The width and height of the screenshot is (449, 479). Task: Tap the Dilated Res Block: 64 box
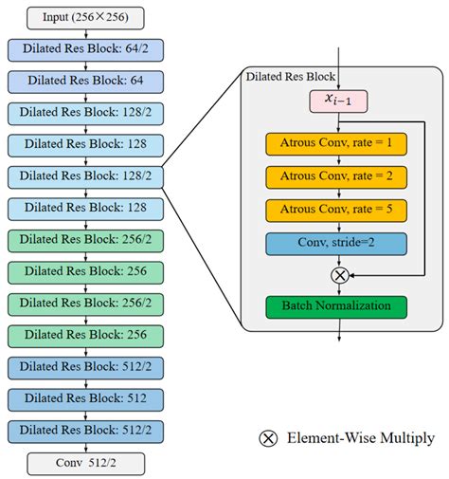click(86, 80)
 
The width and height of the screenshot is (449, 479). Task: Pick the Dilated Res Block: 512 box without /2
click(86, 398)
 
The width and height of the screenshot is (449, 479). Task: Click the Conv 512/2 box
click(86, 462)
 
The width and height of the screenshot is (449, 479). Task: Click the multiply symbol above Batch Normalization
click(338, 275)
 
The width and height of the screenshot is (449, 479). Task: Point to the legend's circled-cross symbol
click(269, 437)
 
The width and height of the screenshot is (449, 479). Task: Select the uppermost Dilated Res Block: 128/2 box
click(86, 112)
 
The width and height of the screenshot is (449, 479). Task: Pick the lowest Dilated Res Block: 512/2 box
click(86, 430)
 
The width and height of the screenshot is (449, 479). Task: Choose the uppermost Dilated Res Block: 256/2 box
click(86, 239)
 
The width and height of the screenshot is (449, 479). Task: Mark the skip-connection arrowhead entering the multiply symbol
click(350, 275)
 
